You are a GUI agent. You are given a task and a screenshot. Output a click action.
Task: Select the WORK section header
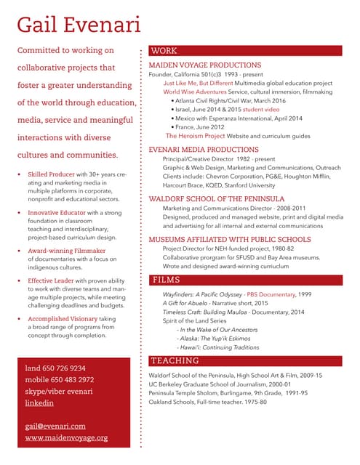pyautogui.click(x=164, y=51)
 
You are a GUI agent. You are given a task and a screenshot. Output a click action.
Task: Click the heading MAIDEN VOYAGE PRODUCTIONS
pyautogui.click(x=204, y=65)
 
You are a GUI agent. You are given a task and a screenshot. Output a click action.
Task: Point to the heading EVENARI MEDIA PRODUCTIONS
pyautogui.click(x=203, y=149)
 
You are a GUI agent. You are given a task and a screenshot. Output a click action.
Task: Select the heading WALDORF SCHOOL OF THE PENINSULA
pyautogui.click(x=216, y=198)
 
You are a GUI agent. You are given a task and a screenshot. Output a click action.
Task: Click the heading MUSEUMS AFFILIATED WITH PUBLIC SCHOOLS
pyautogui.click(x=229, y=239)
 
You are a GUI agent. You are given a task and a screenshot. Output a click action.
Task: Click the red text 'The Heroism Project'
pyautogui.click(x=195, y=135)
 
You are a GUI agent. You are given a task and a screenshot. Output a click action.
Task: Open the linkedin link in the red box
pyautogui.click(x=39, y=403)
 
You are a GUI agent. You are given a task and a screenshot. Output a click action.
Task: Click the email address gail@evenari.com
pyautogui.click(x=55, y=426)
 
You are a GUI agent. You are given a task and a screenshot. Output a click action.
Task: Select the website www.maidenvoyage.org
pyautogui.click(x=66, y=438)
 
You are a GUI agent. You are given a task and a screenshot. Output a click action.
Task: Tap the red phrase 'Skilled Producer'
pyautogui.click(x=52, y=175)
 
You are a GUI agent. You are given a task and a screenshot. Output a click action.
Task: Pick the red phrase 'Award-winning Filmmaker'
pyautogui.click(x=62, y=251)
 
